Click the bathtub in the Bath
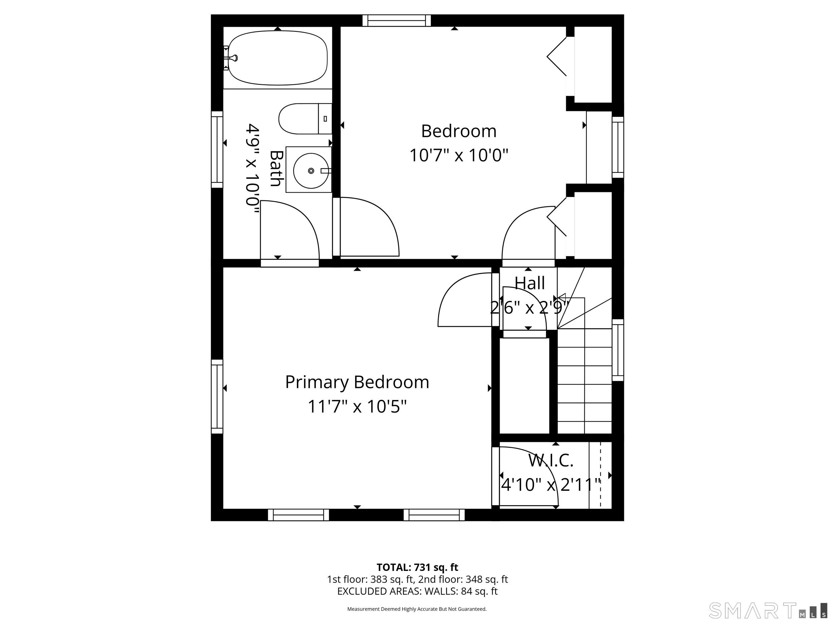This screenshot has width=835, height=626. tap(278, 58)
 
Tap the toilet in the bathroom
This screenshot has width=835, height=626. tap(305, 119)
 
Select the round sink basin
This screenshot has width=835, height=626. tap(311, 171)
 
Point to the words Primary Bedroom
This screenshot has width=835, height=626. tap(357, 382)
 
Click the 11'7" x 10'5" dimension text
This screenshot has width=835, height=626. tap(357, 406)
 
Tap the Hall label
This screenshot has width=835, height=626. tap(530, 283)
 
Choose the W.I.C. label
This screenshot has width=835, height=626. tap(551, 460)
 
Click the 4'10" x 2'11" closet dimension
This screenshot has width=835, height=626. tap(551, 485)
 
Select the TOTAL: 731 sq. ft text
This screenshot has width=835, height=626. tap(417, 567)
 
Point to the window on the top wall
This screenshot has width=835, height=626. tap(396, 21)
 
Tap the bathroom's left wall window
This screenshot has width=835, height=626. tap(217, 150)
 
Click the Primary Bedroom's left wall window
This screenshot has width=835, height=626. tap(217, 397)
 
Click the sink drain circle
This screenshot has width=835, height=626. tap(311, 171)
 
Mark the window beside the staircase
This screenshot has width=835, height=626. tap(618, 350)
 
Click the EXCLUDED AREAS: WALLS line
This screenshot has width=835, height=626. tap(417, 591)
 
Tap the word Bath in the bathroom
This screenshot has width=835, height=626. tap(277, 168)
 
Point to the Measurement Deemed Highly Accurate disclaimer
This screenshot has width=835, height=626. tap(417, 609)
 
